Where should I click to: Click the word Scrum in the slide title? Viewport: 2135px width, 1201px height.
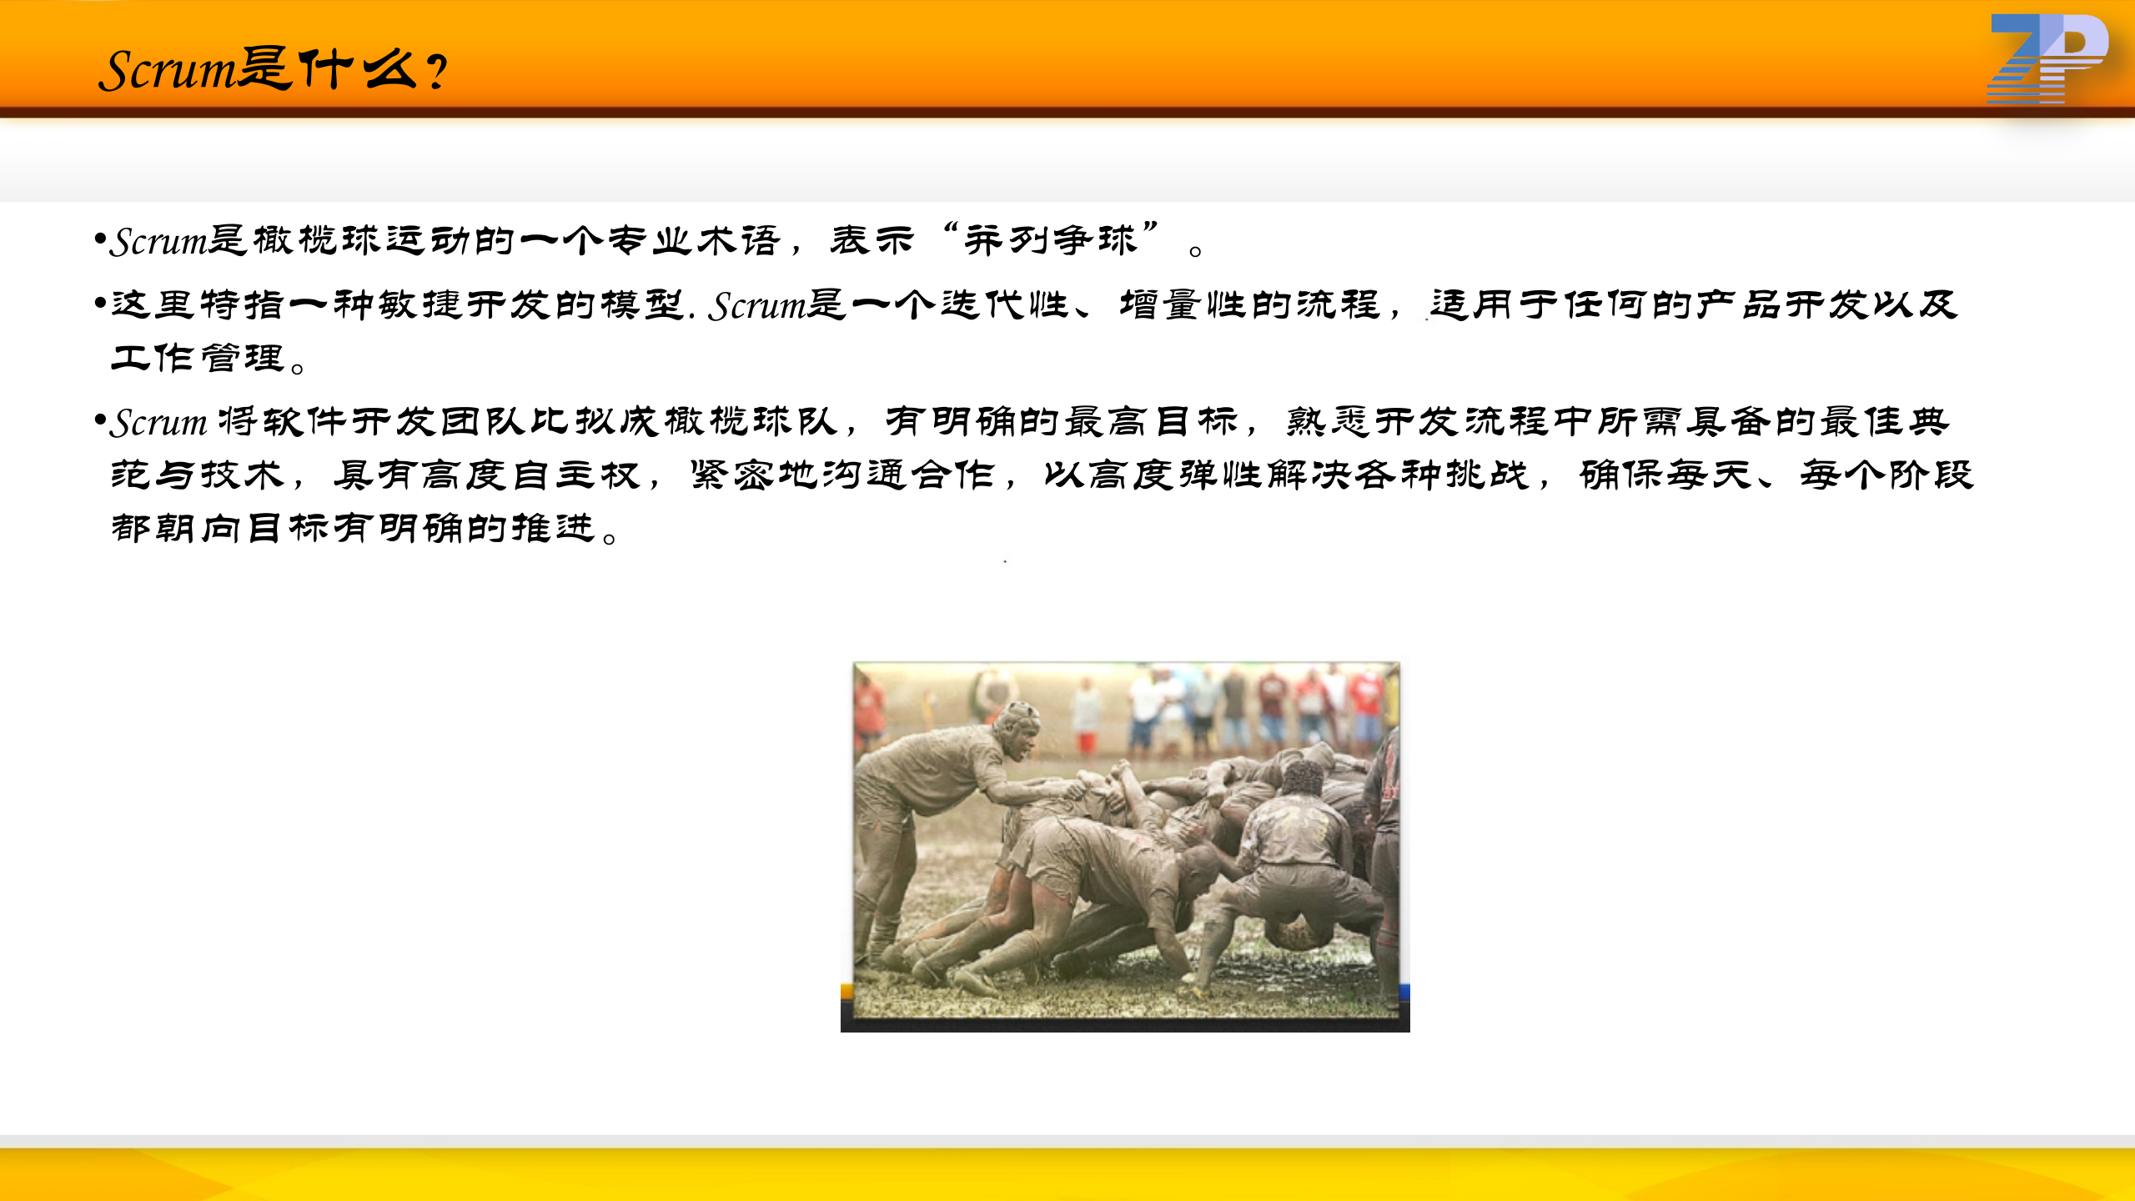pos(167,70)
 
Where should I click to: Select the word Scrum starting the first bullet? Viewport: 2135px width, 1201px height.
pos(158,242)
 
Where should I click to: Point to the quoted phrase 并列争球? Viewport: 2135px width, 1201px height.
pos(1051,240)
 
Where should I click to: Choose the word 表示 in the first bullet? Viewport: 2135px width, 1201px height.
pos(872,240)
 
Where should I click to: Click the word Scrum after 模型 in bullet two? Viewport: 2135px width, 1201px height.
pos(757,306)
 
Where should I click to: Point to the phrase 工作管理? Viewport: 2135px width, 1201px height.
pos(198,358)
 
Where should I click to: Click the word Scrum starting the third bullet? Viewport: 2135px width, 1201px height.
pos(158,423)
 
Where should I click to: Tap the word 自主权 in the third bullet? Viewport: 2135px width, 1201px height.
pos(576,475)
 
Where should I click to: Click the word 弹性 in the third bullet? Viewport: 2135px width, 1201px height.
pos(1219,475)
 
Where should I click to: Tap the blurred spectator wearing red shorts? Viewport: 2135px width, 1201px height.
pos(1087,717)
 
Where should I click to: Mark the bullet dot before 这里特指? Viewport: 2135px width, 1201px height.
pos(100,302)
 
